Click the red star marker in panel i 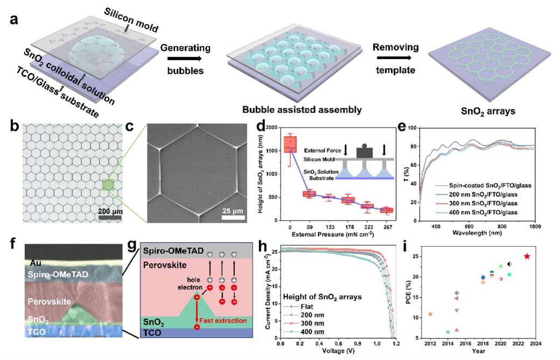[527, 256]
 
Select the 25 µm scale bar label [235, 211]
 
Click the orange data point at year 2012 [430, 314]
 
